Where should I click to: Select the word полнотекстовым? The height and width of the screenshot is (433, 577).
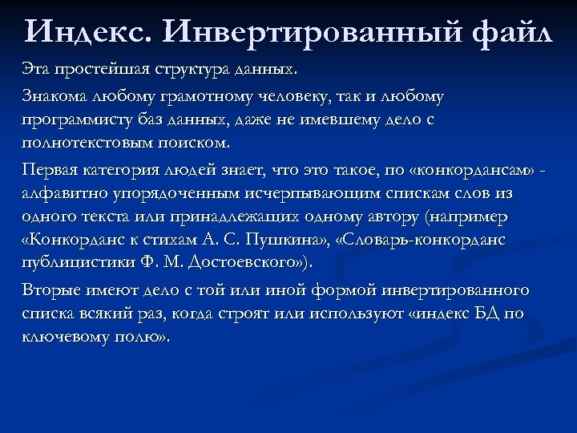[x=89, y=144]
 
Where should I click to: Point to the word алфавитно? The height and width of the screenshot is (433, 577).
[x=64, y=194]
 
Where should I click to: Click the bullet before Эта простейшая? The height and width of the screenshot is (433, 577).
[x=14, y=66]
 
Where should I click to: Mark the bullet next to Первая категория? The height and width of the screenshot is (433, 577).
[x=14, y=170]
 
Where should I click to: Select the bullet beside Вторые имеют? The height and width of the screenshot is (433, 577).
[x=14, y=289]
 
